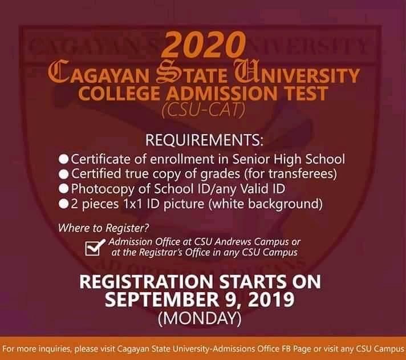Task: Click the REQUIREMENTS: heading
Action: [x=202, y=140]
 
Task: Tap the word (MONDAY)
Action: [x=202, y=317]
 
